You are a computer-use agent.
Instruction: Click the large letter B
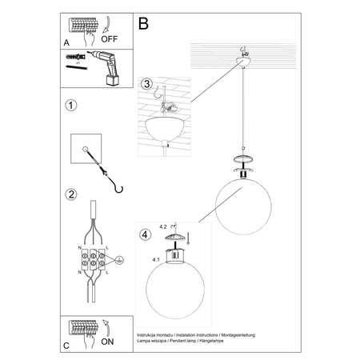click(143, 24)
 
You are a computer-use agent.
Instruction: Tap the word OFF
click(110, 37)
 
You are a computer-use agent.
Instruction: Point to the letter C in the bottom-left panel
click(66, 346)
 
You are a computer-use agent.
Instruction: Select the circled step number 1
click(71, 106)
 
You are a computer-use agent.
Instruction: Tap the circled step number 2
click(71, 194)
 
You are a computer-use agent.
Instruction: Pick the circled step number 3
click(146, 84)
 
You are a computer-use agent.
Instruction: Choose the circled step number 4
click(146, 235)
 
